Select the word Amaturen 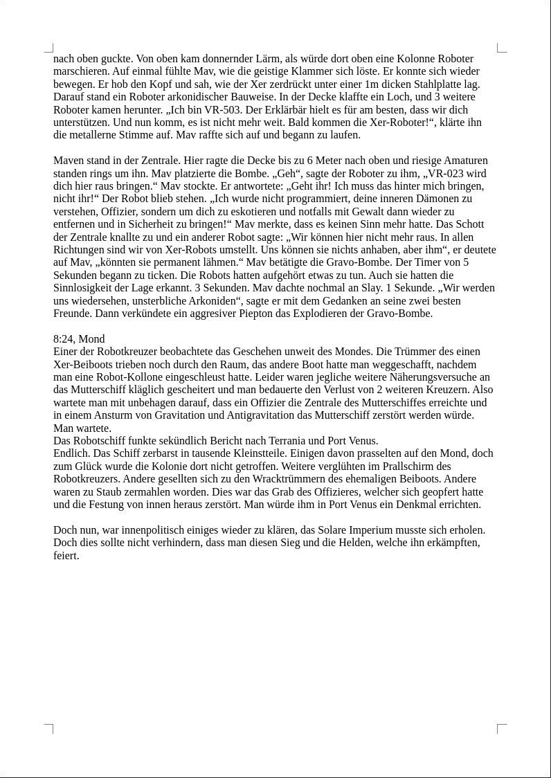point(463,161)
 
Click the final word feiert point(66,556)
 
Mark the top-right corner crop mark point(501,48)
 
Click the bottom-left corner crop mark point(49,728)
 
